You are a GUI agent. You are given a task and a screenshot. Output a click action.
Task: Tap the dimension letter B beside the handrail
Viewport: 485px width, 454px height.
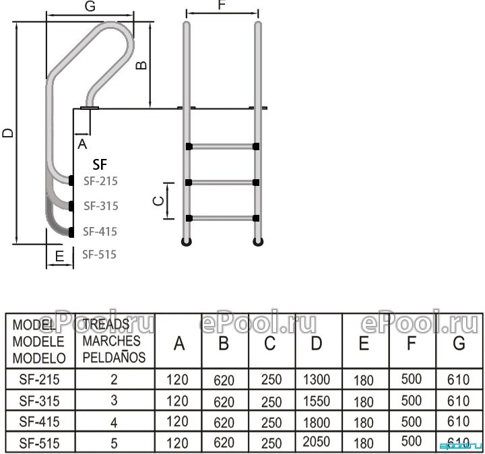point(141,65)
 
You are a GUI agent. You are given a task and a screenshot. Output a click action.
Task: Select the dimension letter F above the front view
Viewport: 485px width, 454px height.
point(222,7)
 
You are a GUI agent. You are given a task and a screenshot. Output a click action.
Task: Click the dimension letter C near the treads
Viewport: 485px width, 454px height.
point(157,201)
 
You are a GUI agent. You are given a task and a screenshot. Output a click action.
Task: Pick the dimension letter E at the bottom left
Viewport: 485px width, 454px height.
point(59,257)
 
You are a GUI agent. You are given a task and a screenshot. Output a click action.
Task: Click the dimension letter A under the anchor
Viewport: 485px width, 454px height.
point(82,143)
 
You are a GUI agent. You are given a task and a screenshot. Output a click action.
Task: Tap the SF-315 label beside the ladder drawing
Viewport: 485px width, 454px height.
point(100,205)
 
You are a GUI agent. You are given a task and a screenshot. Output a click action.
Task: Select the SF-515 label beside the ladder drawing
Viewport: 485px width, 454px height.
point(99,255)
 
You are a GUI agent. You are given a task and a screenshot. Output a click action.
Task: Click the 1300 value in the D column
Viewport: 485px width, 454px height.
point(317,381)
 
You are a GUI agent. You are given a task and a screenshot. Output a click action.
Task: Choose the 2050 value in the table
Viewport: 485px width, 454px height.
point(317,443)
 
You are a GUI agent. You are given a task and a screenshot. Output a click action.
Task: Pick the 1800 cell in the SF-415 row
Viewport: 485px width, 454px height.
point(317,422)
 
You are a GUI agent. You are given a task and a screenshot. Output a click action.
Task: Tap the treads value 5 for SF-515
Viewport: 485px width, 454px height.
point(114,444)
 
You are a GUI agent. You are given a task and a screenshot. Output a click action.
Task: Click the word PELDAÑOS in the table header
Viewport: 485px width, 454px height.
point(114,358)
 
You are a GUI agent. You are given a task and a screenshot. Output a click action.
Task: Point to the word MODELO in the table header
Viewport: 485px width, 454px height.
point(39,358)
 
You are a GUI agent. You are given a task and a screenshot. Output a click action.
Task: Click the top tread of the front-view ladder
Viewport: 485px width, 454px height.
point(222,146)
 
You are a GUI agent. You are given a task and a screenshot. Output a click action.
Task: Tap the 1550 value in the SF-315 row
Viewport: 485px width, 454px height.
point(317,401)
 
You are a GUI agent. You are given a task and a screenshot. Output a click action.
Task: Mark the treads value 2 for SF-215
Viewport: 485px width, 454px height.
point(114,381)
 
